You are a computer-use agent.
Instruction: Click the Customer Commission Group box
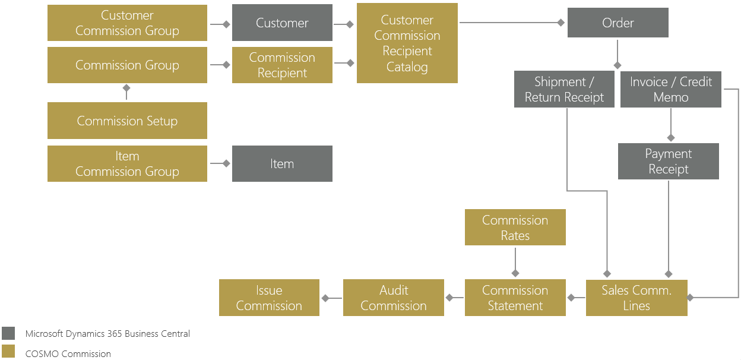coord(127,23)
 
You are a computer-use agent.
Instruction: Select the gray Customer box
coord(282,23)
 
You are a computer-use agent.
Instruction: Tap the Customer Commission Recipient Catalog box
coord(407,43)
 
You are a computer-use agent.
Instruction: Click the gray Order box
coord(617,23)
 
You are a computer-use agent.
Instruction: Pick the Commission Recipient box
coord(282,65)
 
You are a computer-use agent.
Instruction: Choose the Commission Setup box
coord(127,121)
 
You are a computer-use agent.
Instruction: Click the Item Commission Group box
coord(127,164)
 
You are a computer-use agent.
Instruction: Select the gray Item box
coord(282,164)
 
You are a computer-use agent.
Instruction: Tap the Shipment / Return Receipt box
coord(564,90)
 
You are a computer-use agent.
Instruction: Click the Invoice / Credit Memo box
coord(670,90)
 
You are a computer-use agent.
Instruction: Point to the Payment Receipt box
coord(668,161)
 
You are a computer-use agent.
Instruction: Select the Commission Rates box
coord(515,228)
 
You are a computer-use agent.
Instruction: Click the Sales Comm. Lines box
coord(636,298)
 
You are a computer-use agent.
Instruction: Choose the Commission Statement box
coord(515,298)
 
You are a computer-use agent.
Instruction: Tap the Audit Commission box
coord(394,298)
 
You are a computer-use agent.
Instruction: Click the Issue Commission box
coord(269,298)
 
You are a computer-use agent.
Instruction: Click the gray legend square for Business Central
coord(8,333)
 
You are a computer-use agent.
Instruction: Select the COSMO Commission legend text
coord(68,353)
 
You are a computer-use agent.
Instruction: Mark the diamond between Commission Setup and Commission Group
coord(126,88)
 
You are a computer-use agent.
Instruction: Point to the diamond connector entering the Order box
coord(560,23)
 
